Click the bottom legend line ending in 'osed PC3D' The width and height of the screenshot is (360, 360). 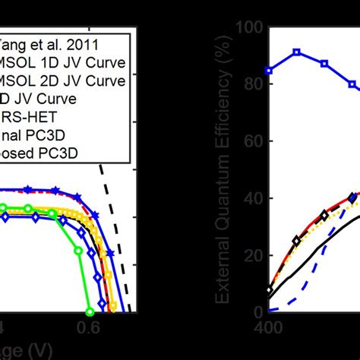tap(46, 153)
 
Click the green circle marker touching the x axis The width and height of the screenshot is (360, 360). tap(90, 311)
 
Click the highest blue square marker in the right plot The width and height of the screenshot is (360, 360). tap(297, 52)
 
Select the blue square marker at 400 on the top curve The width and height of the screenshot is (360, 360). tap(269, 71)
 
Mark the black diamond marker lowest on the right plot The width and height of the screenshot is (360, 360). tap(269, 291)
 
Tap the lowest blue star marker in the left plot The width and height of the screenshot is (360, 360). tap(111, 252)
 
